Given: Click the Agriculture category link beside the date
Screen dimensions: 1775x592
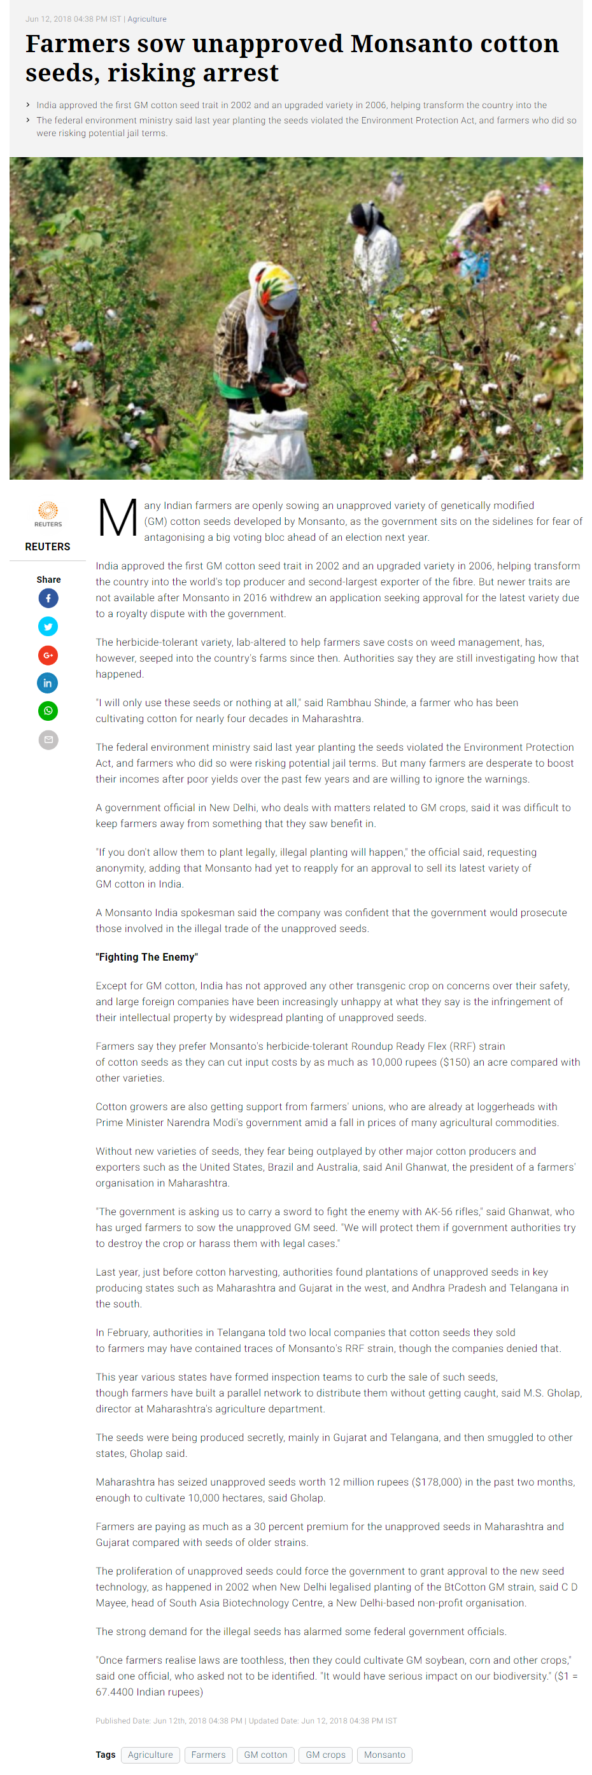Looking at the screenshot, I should point(147,19).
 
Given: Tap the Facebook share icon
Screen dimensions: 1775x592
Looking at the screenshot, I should point(48,598).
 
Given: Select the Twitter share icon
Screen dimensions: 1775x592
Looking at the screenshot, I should point(48,627).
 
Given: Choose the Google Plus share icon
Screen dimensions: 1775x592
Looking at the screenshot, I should point(48,655).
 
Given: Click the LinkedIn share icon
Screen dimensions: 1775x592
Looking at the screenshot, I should point(48,683).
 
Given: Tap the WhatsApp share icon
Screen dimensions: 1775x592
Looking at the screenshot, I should point(48,711).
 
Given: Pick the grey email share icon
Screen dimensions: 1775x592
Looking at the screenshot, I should point(48,739).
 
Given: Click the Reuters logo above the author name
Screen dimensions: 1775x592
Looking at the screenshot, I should point(48,513).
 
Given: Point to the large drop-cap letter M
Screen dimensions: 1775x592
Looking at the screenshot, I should point(118,518).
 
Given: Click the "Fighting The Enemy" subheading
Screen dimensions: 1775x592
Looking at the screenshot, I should point(147,957).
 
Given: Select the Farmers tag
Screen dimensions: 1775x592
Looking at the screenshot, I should point(208,1755).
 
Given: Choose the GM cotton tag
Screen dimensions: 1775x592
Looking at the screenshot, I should point(265,1755).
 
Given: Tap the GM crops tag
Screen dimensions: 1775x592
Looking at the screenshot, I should point(325,1755).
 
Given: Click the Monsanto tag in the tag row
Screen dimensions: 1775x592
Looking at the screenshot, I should point(384,1755).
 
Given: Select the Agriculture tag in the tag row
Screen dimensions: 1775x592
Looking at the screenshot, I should point(150,1755).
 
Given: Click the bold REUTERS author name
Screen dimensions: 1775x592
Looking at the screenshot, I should point(48,546).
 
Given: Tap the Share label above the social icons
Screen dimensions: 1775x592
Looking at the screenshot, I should point(48,580).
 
